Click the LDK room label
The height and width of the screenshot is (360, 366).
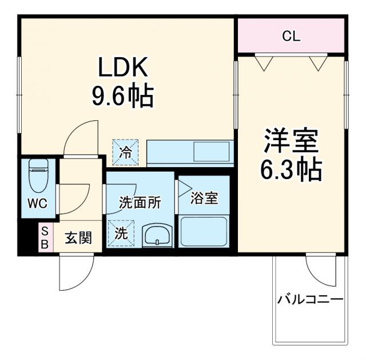[123, 68]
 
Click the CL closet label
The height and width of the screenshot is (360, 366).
[291, 37]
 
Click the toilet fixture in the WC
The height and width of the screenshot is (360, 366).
[39, 174]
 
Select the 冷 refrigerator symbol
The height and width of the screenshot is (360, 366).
[125, 152]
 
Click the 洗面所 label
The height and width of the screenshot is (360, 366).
[140, 202]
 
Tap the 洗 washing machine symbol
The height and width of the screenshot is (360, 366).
[121, 234]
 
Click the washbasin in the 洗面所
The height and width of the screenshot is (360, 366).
[156, 235]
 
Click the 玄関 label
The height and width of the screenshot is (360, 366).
[78, 238]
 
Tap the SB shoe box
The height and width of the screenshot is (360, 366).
[45, 238]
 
